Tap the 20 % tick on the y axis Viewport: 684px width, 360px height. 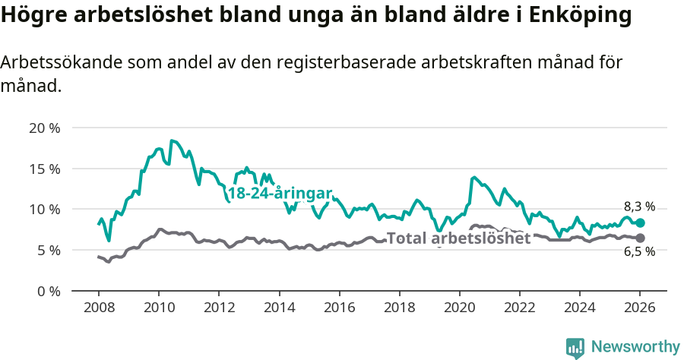(44, 128)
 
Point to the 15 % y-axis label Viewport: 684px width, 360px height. (44, 169)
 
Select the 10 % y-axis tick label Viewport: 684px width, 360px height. (44, 209)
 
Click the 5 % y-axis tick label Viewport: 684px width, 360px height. (47, 250)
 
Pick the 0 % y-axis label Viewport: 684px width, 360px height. (47, 291)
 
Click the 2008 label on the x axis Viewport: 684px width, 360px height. (99, 308)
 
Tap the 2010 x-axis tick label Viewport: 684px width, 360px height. (159, 308)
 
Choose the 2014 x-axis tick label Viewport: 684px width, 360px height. (279, 308)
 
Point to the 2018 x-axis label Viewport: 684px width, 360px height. (399, 308)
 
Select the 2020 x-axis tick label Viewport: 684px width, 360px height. (459, 308)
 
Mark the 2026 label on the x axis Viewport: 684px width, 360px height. (639, 308)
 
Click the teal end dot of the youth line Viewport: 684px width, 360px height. (640, 223)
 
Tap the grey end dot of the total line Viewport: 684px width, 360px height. (640, 238)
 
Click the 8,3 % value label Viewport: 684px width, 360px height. (639, 207)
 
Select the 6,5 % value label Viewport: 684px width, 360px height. (639, 252)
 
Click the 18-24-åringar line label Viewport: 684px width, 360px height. (280, 193)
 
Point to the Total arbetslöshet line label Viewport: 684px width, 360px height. (458, 238)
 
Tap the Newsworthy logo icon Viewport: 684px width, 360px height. (575, 348)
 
